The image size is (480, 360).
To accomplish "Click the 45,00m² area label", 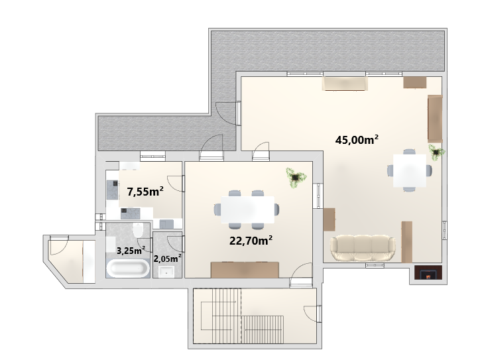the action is pos(357,140).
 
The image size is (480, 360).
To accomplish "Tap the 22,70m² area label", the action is pos(251,240).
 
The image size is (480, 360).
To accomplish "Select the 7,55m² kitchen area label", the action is pos(145,192).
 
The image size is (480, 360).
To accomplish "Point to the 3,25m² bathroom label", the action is pos(131,251).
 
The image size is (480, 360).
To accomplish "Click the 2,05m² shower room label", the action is pos(167,259).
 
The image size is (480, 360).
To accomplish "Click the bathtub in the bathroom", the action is pos(128,269).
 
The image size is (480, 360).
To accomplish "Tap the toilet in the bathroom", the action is pos(138,230).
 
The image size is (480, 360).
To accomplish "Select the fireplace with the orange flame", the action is pos(428,272).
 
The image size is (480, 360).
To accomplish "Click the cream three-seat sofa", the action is pos(363,248).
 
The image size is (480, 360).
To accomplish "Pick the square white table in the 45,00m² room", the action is pos(410,170).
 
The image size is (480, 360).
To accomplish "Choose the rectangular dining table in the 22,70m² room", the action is pos(247,210).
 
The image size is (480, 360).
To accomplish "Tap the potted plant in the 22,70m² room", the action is pos(296,177).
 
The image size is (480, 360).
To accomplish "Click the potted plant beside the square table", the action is pos(436,152).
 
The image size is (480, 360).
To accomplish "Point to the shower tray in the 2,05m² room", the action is pos(166,272).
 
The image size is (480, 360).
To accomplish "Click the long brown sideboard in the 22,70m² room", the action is pos(245,270).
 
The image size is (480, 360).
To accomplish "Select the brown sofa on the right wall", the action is pos(435,119).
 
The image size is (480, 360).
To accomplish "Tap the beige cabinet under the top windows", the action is pos(345,84).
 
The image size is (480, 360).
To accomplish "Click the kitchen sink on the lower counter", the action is pos(166,224).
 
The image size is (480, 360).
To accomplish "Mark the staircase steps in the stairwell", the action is pos(242,316).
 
